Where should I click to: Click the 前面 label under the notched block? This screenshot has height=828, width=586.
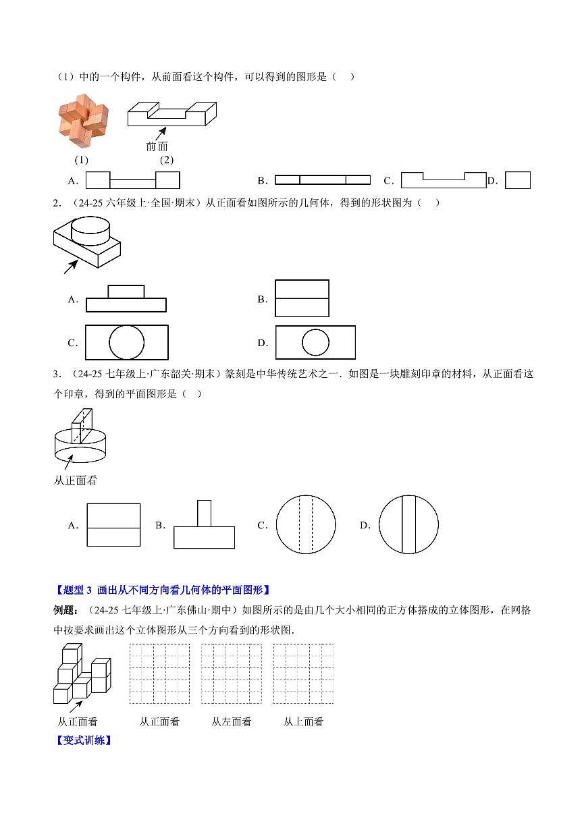point(157,146)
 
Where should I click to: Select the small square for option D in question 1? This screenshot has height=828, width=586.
point(518,180)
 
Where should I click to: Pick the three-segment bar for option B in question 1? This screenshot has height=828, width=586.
point(323,180)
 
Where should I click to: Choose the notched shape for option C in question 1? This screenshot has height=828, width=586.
point(443,181)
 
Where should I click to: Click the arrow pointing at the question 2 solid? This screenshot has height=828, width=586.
point(70,267)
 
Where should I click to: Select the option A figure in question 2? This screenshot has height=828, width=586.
point(126,298)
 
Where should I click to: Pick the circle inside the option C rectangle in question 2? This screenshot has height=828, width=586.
point(127,343)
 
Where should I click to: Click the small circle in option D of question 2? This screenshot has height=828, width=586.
point(315,343)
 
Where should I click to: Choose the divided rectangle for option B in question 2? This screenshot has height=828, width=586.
point(302,298)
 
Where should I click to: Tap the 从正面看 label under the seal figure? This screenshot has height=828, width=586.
point(76,480)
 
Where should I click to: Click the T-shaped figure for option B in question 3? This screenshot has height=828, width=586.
point(204,525)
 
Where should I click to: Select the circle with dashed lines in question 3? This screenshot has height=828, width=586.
point(306,525)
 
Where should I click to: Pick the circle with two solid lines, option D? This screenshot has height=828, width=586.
point(408,525)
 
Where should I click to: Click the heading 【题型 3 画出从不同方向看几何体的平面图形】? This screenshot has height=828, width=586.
point(162,590)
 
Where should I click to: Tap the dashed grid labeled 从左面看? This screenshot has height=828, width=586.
point(232,674)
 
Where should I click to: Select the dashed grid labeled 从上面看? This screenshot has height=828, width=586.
point(303,674)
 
